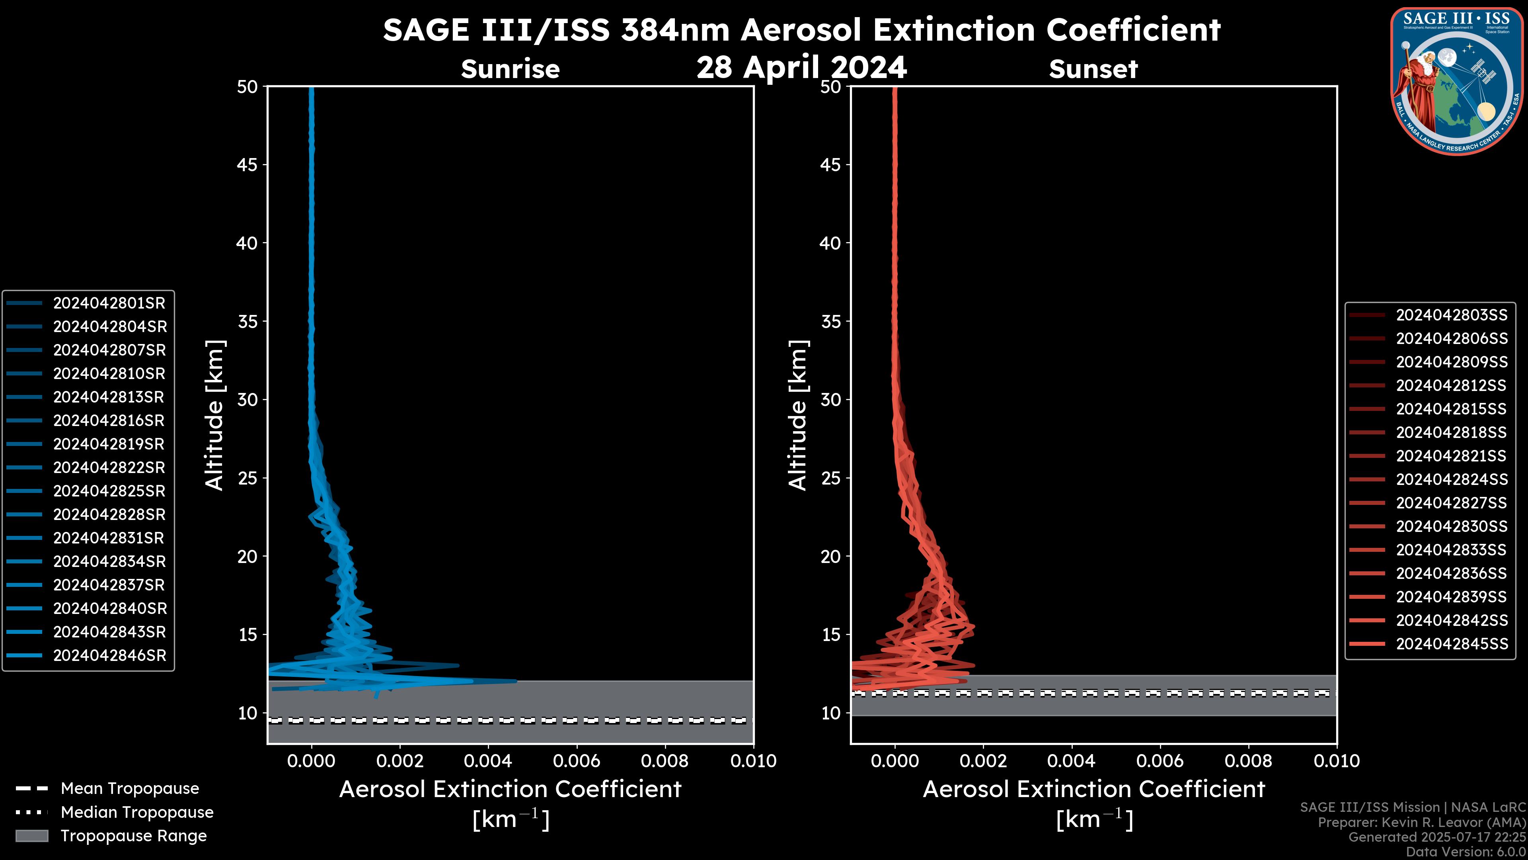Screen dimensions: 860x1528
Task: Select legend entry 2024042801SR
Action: [x=109, y=303]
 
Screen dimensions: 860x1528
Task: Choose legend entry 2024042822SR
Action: [x=109, y=468]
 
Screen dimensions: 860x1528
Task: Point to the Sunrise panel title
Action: [x=510, y=69]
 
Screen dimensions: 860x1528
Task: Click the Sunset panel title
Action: [x=1093, y=69]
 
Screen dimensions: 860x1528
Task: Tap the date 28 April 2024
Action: [x=801, y=67]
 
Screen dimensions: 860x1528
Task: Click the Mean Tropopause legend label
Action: [x=130, y=789]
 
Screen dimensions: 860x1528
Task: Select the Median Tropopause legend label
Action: [x=137, y=813]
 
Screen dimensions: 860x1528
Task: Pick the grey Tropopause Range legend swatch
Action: [x=31, y=836]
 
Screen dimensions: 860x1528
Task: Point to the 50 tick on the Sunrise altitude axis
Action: [x=248, y=87]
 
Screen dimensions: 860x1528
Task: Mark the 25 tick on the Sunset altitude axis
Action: [x=831, y=478]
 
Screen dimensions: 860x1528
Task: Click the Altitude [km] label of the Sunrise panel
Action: [x=214, y=415]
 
